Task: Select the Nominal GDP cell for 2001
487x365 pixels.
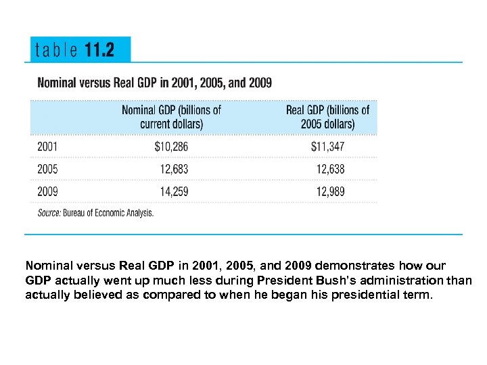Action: [x=172, y=146]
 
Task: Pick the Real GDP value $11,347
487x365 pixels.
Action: [x=327, y=146]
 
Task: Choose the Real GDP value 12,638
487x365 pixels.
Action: [x=330, y=169]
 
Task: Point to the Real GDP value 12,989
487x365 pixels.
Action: [x=330, y=192]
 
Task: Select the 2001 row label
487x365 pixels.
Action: [x=47, y=146]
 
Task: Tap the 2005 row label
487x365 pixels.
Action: [x=47, y=169]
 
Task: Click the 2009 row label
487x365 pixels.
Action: [x=47, y=192]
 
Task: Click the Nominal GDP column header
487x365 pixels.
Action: [x=171, y=116]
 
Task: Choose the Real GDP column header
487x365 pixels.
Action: [x=327, y=116]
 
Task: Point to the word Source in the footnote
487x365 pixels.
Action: [x=49, y=213]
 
